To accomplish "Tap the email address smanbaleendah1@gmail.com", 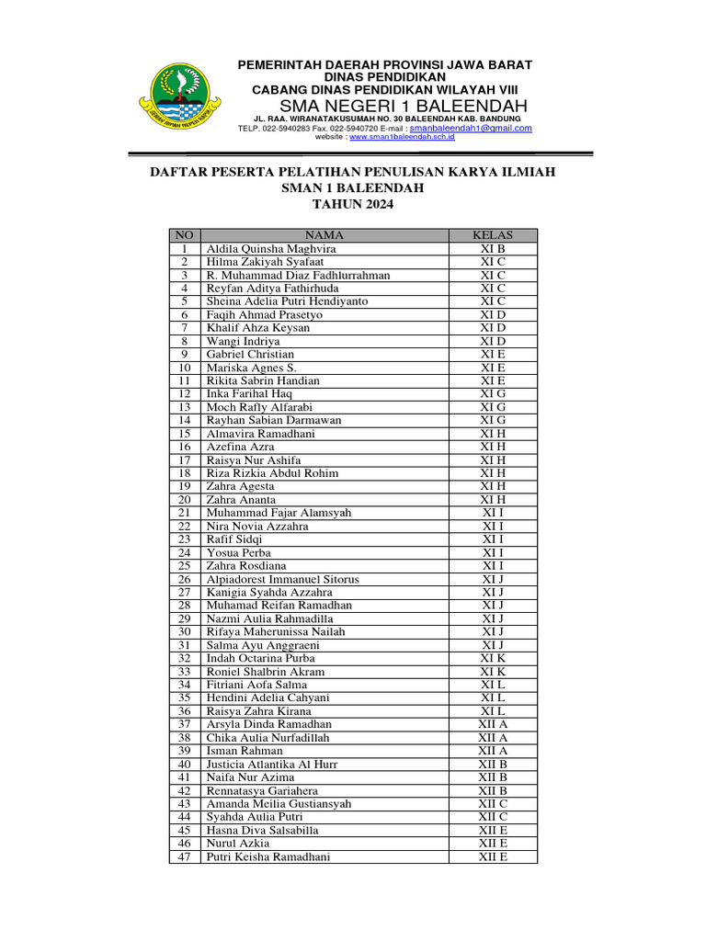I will (x=471, y=129).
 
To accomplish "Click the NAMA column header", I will (x=324, y=235).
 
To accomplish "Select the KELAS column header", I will (x=493, y=235).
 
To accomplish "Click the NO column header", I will (x=184, y=235).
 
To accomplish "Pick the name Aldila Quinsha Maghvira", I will (x=271, y=249).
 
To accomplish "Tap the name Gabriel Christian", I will (x=250, y=354).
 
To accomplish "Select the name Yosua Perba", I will (x=238, y=553).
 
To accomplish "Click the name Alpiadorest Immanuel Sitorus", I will (x=282, y=580).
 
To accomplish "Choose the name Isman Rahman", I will (x=244, y=751).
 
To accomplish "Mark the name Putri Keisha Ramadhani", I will (x=268, y=856).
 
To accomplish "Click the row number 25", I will (x=184, y=566).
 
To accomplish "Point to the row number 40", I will (x=184, y=765).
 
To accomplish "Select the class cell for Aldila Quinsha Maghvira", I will (x=493, y=249).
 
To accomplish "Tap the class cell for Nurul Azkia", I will (x=493, y=844).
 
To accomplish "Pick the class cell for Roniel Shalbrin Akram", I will (x=493, y=672).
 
